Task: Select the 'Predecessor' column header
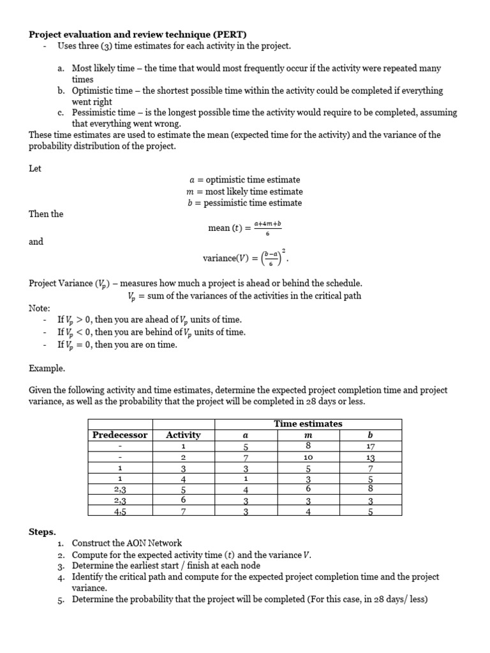119,435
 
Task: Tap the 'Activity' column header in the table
183,435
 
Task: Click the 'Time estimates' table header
308,423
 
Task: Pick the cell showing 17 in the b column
371,446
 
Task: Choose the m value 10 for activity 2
308,458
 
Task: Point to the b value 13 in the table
371,458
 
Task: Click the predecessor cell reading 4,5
119,510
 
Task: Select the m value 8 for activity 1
308,446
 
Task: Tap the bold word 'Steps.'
42,531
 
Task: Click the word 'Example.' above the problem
47,368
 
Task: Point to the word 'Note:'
40,308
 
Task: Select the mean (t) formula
245,228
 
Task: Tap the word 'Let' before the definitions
35,169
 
